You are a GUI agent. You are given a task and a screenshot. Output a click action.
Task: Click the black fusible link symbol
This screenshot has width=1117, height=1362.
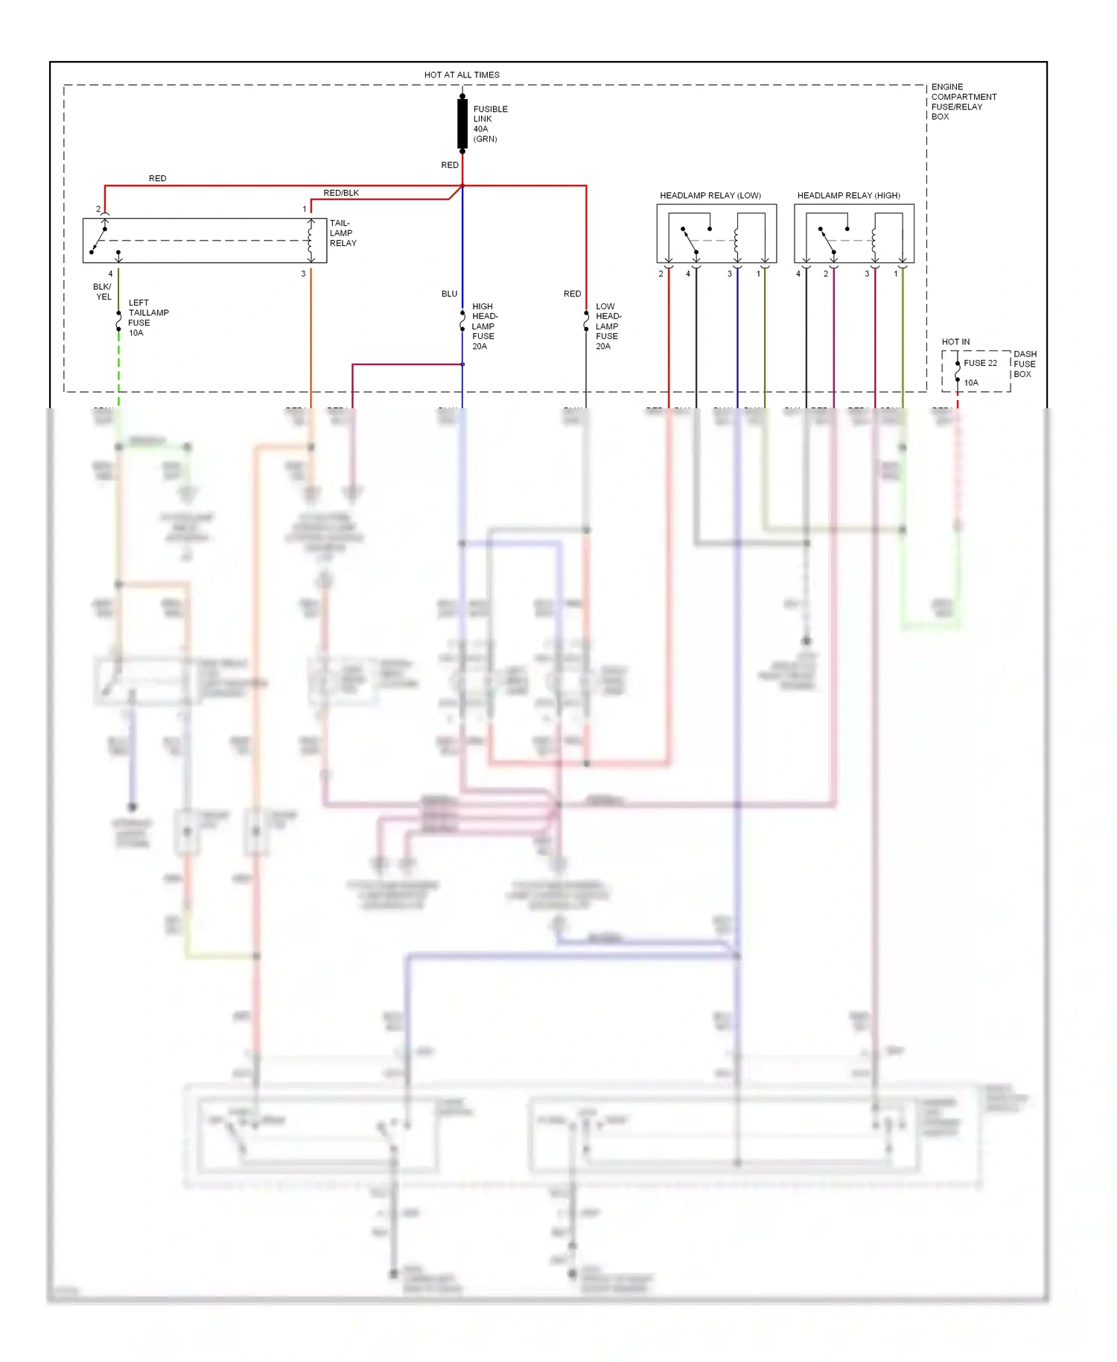(462, 124)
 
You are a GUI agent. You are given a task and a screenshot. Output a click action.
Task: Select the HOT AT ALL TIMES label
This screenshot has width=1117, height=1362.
(462, 75)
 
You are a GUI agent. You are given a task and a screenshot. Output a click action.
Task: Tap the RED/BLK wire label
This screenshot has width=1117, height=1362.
(341, 193)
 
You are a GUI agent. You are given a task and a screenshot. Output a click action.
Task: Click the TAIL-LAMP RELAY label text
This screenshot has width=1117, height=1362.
(343, 233)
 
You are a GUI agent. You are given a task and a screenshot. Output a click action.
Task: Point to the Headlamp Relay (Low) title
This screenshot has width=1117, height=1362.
(710, 195)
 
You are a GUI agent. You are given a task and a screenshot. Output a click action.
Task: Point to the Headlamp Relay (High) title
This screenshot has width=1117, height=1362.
(848, 195)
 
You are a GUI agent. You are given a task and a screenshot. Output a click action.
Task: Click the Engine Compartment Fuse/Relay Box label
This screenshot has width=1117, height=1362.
(963, 101)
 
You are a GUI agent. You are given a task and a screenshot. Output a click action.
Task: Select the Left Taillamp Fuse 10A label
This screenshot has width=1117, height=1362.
(147, 317)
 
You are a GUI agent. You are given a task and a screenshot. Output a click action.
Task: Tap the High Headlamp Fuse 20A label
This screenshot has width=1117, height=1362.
(484, 326)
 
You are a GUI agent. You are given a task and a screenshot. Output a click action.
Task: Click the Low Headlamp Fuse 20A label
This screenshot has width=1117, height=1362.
(608, 326)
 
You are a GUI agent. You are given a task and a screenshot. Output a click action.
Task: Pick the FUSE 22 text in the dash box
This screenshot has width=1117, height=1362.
(980, 363)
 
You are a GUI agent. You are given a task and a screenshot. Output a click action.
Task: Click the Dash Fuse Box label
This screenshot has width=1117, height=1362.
(1024, 364)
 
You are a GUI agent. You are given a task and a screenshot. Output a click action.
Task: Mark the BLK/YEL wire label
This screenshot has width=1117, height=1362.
(103, 291)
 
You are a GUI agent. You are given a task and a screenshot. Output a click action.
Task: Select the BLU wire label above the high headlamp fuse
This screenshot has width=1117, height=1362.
(449, 294)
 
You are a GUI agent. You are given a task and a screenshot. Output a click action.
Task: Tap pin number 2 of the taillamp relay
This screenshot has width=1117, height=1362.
(98, 209)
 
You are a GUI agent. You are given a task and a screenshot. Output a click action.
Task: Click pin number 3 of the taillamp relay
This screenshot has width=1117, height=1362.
(303, 273)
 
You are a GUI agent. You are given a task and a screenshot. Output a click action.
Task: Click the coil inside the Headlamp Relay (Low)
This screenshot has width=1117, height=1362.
(736, 241)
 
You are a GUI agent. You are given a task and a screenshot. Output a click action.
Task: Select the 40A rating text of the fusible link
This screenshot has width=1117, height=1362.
(481, 129)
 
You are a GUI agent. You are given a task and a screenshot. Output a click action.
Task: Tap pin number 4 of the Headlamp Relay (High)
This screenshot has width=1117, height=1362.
(798, 273)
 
